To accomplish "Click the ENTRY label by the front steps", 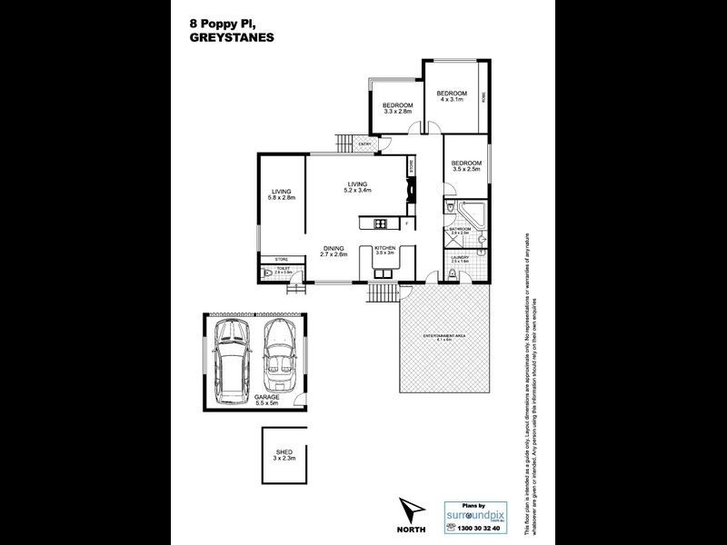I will click(x=363, y=144).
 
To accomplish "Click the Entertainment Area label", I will click(x=444, y=338).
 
